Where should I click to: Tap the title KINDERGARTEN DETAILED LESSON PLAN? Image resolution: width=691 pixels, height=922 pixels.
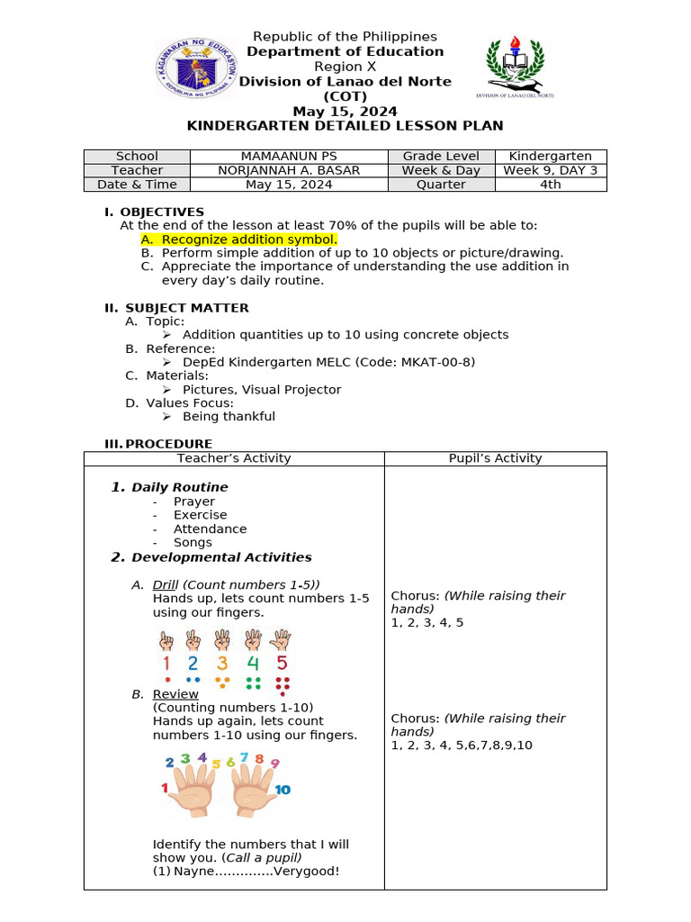point(345,126)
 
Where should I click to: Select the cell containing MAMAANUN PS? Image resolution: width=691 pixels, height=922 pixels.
point(289,157)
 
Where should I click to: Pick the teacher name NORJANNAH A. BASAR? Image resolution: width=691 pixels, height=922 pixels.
point(289,170)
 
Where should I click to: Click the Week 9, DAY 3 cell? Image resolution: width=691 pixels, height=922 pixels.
point(550,170)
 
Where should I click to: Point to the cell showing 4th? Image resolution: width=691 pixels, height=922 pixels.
point(550,185)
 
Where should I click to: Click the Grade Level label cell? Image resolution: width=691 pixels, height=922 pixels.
point(441,157)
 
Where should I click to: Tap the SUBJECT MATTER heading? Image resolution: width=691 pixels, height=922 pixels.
point(186,308)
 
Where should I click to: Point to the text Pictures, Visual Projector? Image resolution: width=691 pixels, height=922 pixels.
point(262,390)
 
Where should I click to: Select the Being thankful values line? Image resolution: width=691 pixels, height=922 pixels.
point(229,417)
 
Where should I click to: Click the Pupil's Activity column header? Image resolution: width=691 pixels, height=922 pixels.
point(495,458)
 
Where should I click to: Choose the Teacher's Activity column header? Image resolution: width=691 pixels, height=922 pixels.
point(234,458)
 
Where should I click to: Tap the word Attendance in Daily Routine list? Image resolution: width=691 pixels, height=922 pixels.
point(210,529)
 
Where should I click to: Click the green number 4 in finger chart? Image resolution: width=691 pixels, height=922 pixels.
point(253,664)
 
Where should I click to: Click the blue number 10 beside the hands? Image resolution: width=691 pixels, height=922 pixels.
point(282,790)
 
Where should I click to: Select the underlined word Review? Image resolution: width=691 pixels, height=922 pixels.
point(175,694)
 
